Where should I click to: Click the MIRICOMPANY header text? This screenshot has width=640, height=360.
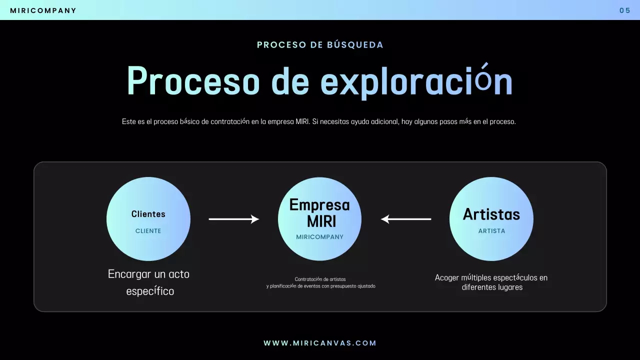tap(43, 10)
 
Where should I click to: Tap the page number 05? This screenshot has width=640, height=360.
tap(624, 10)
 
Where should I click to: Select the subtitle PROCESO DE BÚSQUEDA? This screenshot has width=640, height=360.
tap(320, 45)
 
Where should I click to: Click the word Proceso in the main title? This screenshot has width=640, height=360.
tap(193, 81)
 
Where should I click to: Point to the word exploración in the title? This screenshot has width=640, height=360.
tap(416, 81)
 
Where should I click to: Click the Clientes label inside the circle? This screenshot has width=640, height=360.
tap(148, 214)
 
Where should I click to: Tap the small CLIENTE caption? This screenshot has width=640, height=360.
tap(148, 231)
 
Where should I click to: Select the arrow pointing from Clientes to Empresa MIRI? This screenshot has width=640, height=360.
tap(233, 219)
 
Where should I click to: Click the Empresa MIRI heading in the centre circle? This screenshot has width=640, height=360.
tap(320, 212)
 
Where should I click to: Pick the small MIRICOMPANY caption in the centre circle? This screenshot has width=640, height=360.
tap(320, 237)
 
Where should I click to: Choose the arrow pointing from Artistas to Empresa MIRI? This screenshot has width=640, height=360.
tap(406, 219)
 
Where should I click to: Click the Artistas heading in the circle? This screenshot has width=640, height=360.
tap(491, 214)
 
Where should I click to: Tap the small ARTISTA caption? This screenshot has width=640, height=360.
tap(491, 231)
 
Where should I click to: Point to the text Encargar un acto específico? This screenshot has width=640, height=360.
tap(149, 282)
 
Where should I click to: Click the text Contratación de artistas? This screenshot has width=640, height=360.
tap(320, 279)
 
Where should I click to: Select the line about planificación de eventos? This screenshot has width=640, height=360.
tap(320, 286)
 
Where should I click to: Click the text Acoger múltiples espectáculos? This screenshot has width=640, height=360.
tap(491, 278)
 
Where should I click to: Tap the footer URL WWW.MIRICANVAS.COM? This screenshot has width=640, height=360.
tap(320, 343)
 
